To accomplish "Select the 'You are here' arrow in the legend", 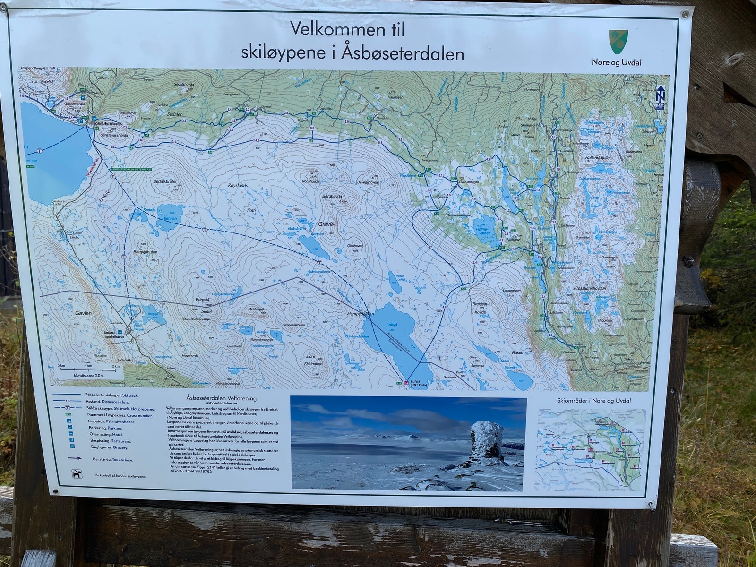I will pyautogui.click(x=74, y=458).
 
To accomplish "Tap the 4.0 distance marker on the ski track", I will pyautogui.click(x=257, y=140).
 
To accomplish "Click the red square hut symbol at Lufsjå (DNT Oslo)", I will pyautogui.click(x=406, y=382).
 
